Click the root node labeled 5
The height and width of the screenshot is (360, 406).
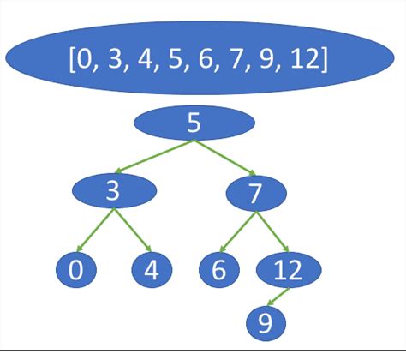(x=194, y=123)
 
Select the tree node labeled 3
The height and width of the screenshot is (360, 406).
(x=112, y=192)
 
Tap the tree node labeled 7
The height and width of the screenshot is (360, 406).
(x=254, y=192)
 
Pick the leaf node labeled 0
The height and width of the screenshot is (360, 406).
(x=75, y=271)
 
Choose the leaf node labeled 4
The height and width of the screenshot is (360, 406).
(x=152, y=271)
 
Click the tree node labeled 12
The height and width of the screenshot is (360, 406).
(x=290, y=271)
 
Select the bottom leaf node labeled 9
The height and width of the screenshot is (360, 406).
(x=265, y=322)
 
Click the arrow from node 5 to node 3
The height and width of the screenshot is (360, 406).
(x=155, y=156)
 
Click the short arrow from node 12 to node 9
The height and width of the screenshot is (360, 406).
(x=277, y=297)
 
